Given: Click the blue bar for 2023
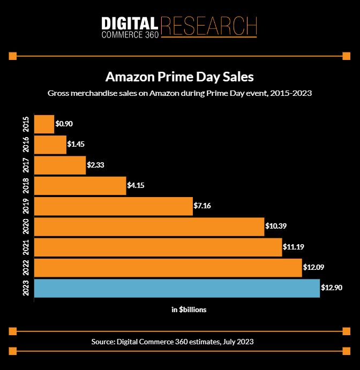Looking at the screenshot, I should tap(177, 288).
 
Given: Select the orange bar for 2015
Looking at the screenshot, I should tap(44, 124).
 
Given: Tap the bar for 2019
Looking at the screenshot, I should tap(113, 206).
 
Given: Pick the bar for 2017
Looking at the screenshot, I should tap(60, 165).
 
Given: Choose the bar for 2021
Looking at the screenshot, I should tap(158, 247).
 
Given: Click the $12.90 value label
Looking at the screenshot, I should tap(332, 288).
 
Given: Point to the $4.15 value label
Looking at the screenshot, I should tap(136, 186).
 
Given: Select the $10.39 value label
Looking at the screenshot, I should tap(276, 226).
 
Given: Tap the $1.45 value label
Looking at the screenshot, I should tap(76, 145).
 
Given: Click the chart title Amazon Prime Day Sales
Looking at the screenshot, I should tap(179, 76).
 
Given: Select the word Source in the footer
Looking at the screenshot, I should tap(104, 342).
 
